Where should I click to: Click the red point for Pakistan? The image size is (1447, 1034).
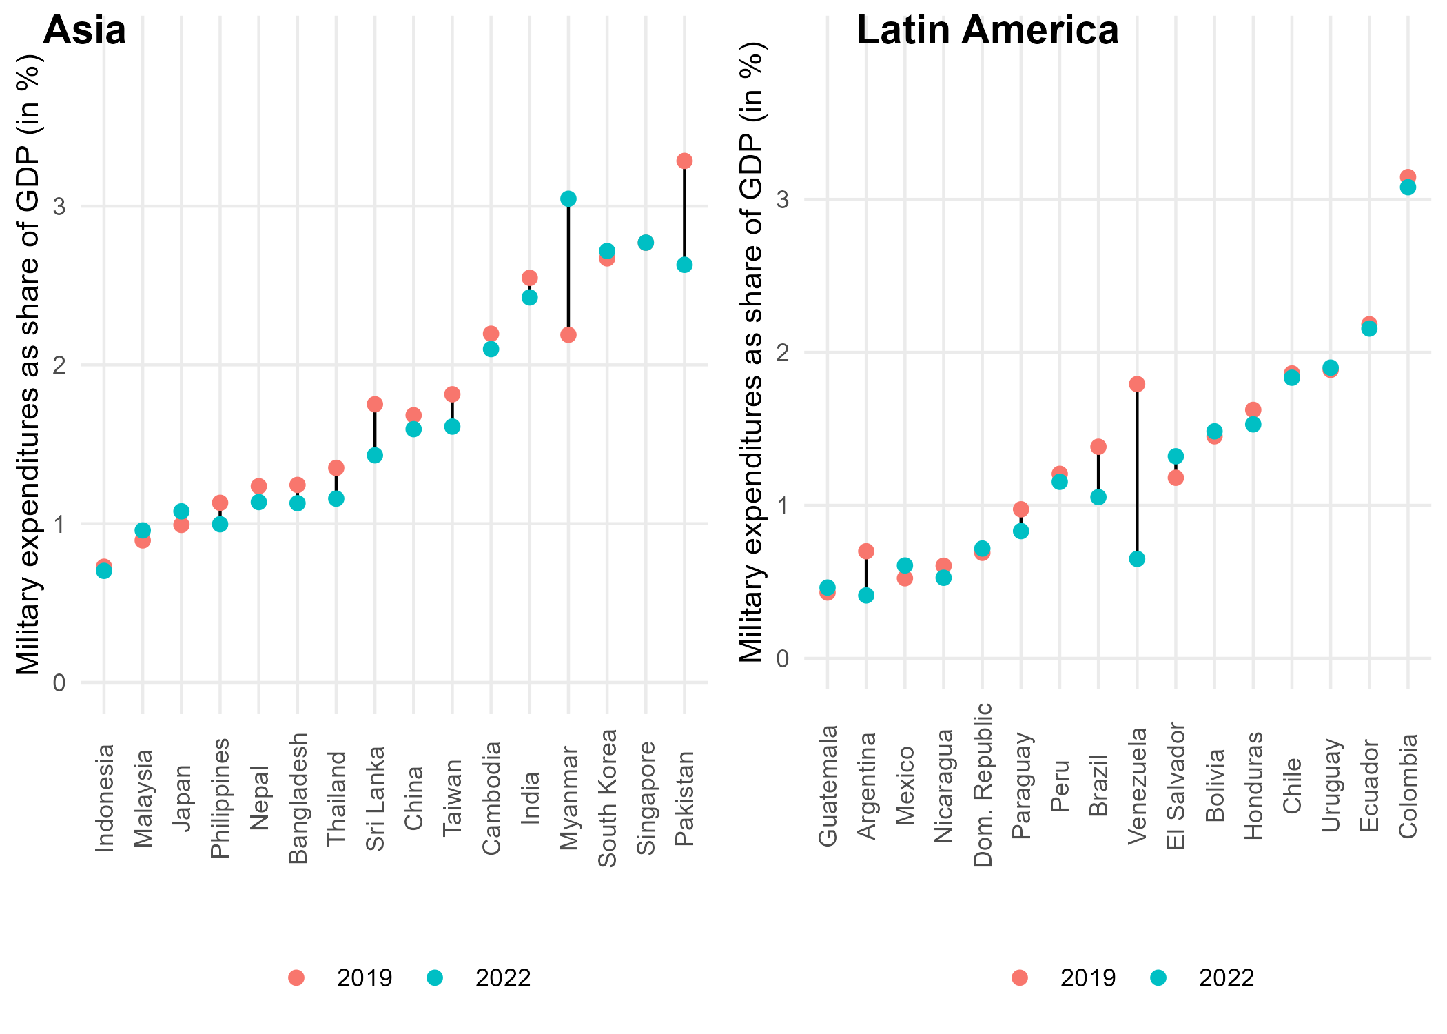tap(684, 161)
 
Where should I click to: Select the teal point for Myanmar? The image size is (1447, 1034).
tap(568, 199)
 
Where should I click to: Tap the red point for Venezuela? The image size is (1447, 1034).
tap(1137, 384)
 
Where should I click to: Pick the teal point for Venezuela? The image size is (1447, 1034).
tap(1137, 558)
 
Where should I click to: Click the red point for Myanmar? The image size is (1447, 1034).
tap(568, 335)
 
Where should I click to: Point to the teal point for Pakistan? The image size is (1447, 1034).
tap(684, 265)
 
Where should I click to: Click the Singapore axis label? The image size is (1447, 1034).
tap(646, 798)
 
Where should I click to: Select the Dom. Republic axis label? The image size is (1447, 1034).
tap(983, 784)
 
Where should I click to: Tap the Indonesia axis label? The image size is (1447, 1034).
tap(104, 798)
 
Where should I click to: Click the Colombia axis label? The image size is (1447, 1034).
tap(1408, 786)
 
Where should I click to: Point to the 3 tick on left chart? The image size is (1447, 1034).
tap(59, 206)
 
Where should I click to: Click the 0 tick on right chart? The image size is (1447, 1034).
tap(783, 658)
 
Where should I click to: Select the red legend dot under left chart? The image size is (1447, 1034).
tap(296, 977)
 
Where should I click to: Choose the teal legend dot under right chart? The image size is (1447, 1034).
tap(1158, 977)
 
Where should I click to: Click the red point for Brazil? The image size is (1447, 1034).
tap(1098, 447)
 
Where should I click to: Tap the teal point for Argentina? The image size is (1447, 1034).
tap(866, 595)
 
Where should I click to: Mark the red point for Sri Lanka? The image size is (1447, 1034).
tap(375, 404)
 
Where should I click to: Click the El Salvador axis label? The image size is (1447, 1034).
tap(1176, 786)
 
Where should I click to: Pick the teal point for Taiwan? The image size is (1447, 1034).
tap(452, 427)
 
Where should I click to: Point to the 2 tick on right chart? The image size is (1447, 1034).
tap(783, 352)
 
